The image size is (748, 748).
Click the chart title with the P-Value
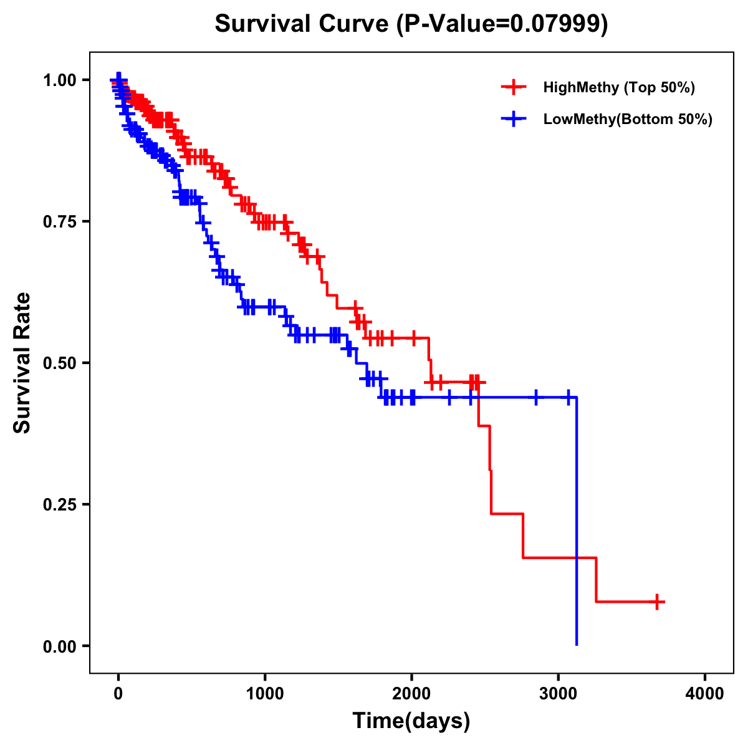tap(411, 24)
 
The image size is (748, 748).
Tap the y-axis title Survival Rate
tap(22, 362)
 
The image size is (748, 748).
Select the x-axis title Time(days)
tap(411, 721)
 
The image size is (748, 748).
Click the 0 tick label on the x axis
tap(118, 693)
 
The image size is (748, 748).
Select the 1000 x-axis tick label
tap(265, 693)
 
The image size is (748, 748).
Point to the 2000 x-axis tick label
tap(411, 693)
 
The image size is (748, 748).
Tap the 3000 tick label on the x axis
tap(559, 693)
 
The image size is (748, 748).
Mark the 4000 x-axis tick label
tap(705, 693)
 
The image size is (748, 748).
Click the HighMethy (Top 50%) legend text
tap(619, 87)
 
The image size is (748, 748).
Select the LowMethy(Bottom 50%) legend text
tap(628, 119)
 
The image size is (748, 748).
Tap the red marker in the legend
tap(514, 87)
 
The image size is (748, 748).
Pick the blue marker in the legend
tap(514, 119)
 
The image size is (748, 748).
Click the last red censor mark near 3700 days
tap(657, 602)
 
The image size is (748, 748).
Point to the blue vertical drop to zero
tap(577, 524)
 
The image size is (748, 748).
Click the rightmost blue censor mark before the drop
tap(568, 397)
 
